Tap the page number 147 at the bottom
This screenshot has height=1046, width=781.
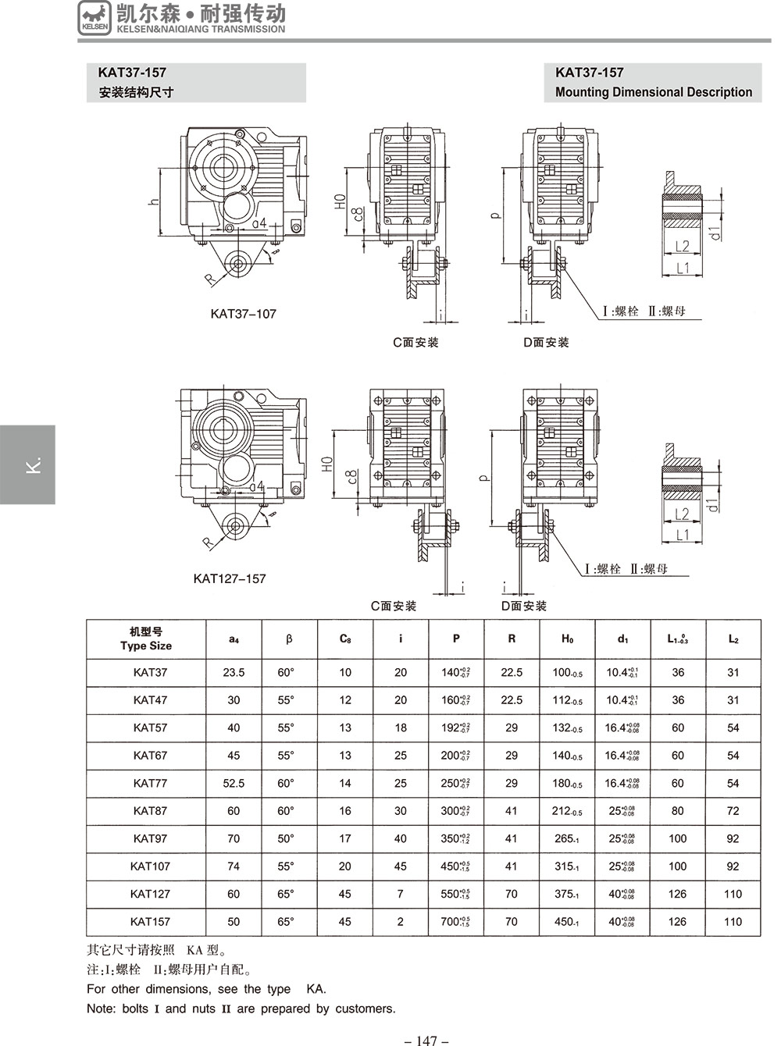click(x=426, y=1040)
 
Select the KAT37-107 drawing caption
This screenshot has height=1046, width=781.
click(x=243, y=314)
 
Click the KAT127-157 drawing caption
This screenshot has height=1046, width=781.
click(x=230, y=578)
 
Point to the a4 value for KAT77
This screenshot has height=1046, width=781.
click(x=234, y=783)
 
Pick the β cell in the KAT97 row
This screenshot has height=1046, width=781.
click(x=286, y=838)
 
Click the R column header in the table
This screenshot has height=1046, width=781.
click(x=512, y=639)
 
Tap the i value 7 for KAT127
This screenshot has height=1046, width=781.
click(x=401, y=894)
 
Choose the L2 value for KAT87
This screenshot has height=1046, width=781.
click(x=733, y=810)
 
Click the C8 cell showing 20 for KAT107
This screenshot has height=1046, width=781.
click(x=345, y=866)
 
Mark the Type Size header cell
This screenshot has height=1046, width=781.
click(x=146, y=639)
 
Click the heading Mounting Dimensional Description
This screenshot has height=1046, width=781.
click(x=653, y=92)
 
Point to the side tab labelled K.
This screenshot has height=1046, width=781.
click(x=28, y=464)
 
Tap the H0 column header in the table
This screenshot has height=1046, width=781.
click(x=567, y=639)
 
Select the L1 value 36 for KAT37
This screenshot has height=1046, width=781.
click(x=678, y=672)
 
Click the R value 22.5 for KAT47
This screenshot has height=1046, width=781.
click(x=512, y=700)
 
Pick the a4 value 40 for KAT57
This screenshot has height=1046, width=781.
click(x=234, y=728)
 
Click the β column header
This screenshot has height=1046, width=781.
click(x=289, y=639)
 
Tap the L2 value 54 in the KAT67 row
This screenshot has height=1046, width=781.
click(x=733, y=756)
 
